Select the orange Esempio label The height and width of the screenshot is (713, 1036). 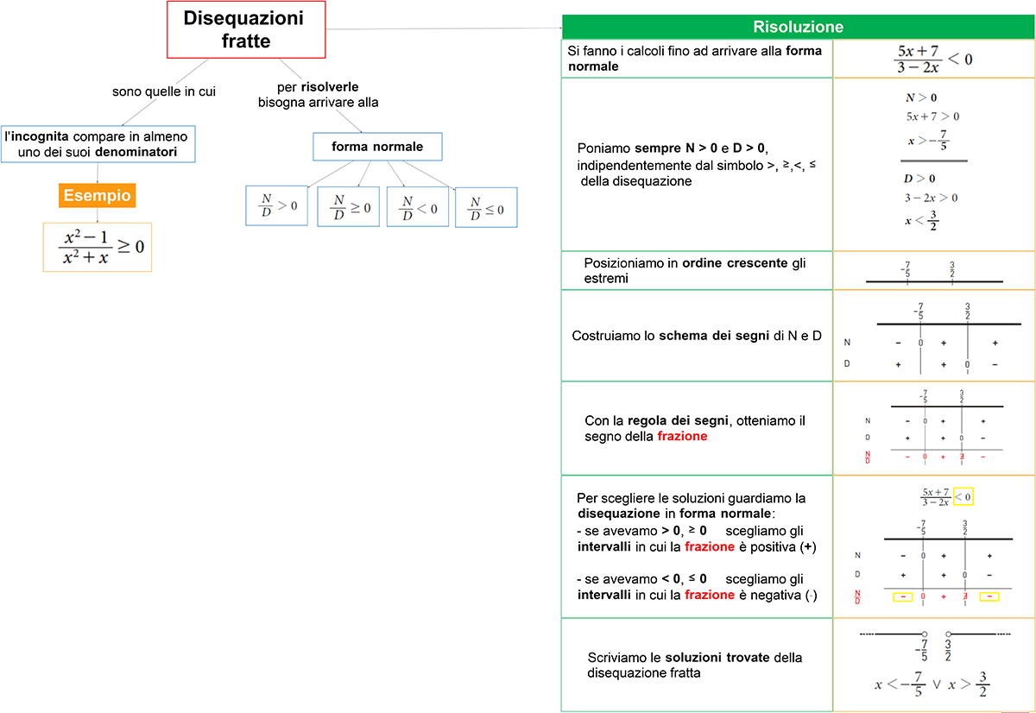pyautogui.click(x=97, y=196)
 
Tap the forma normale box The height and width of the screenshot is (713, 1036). pyautogui.click(x=377, y=147)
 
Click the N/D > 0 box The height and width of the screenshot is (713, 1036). pyautogui.click(x=276, y=206)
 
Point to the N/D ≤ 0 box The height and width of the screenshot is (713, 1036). pyautogui.click(x=486, y=208)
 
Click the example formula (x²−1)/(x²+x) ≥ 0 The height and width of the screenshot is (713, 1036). pyautogui.click(x=97, y=247)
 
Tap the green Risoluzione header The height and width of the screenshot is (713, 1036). pyautogui.click(x=798, y=27)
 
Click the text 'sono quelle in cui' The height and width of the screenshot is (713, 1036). pyautogui.click(x=164, y=91)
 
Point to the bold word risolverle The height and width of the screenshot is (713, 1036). pyautogui.click(x=330, y=87)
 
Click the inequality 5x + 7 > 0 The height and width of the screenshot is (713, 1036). pyautogui.click(x=932, y=117)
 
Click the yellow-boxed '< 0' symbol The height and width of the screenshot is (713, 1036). pyautogui.click(x=964, y=496)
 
